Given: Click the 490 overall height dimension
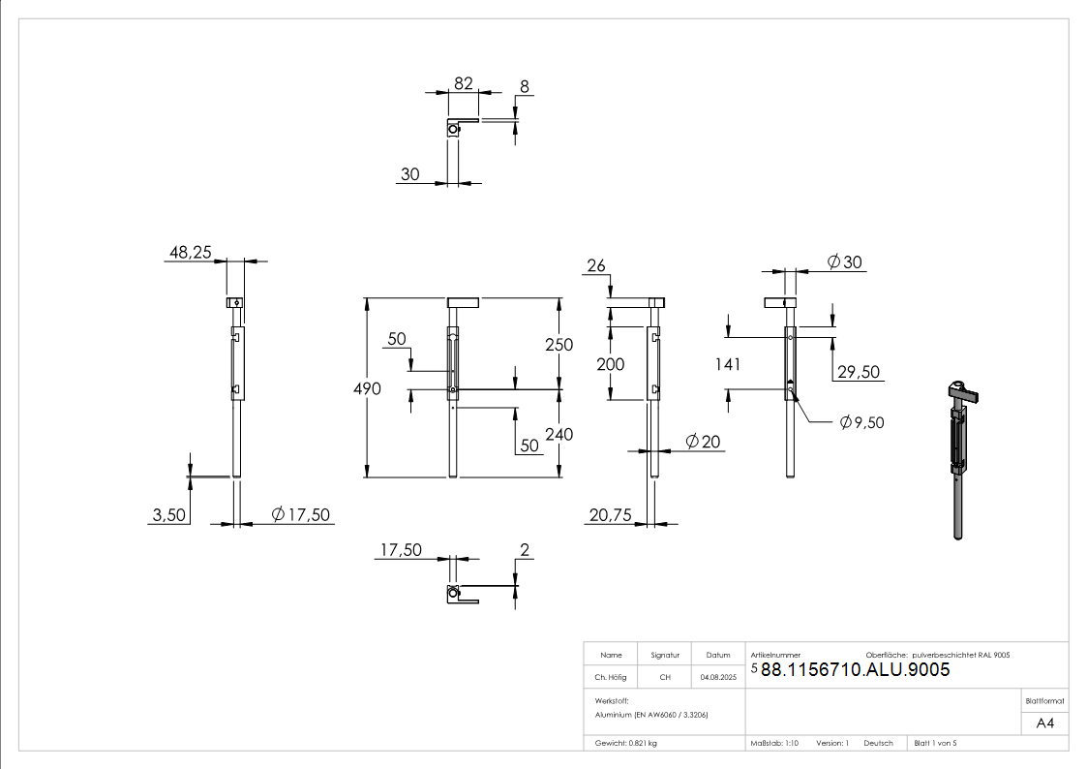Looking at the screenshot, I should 369,388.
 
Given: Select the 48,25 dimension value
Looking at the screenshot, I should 191,252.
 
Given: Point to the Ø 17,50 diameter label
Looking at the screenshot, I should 301,514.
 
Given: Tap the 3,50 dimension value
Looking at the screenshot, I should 168,515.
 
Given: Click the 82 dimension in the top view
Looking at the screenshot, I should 463,84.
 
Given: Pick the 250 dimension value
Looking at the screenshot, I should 559,345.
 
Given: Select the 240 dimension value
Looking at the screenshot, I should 559,435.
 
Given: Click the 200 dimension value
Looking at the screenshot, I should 611,364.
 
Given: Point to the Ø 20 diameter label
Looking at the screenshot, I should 703,442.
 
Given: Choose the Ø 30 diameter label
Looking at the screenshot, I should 845,261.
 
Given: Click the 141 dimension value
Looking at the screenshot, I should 727,364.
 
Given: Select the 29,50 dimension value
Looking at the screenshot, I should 858,373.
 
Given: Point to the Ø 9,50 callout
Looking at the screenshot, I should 861,422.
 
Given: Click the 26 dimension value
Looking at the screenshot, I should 596,265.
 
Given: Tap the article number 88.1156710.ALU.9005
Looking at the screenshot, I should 855,670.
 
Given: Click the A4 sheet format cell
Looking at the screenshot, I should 1045,723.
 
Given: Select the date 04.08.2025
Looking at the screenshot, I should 719,678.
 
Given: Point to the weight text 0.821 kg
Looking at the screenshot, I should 626,743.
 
